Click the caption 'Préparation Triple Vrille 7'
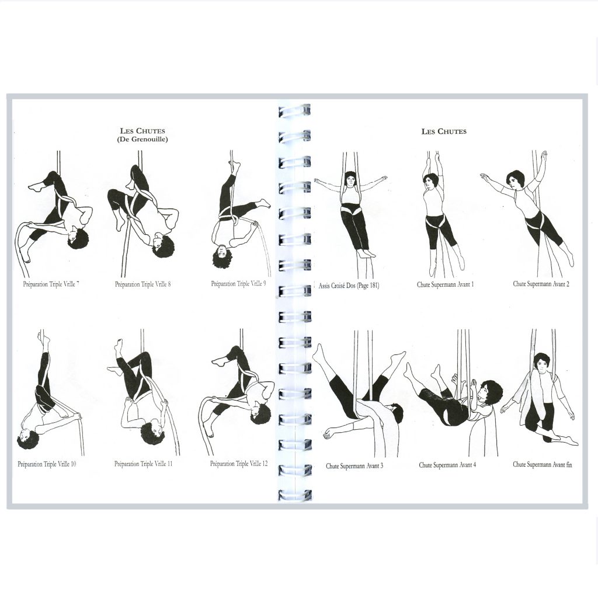[51, 284]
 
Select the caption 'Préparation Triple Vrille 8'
[142, 284]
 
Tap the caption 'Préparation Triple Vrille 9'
[238, 284]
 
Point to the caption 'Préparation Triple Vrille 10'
[47, 464]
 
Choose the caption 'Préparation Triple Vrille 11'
[144, 464]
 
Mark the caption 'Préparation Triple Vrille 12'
[239, 464]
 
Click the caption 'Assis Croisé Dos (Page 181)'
[349, 285]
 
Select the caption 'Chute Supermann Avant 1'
[445, 284]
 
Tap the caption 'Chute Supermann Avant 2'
[541, 284]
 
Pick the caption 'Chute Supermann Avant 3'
[354, 465]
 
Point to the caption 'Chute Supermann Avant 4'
[447, 465]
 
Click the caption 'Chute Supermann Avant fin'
[543, 464]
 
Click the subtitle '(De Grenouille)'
[142, 139]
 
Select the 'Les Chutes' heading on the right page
[444, 131]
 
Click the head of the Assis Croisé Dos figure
[350, 179]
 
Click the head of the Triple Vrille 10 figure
[28, 439]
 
